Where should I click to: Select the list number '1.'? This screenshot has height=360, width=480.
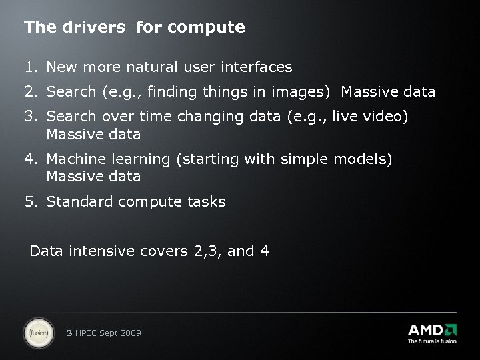click(31, 67)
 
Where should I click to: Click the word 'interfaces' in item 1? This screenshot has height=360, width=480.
click(259, 67)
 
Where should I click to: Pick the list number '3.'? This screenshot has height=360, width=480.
click(31, 117)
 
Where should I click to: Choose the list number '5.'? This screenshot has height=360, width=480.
click(31, 201)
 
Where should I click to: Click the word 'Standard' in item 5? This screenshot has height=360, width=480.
click(80, 201)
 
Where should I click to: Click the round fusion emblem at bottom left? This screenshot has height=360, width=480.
click(39, 333)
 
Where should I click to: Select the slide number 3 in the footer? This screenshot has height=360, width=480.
click(70, 333)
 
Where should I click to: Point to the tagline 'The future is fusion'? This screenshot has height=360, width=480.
click(432, 341)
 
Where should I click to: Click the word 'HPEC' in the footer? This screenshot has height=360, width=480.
click(87, 333)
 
